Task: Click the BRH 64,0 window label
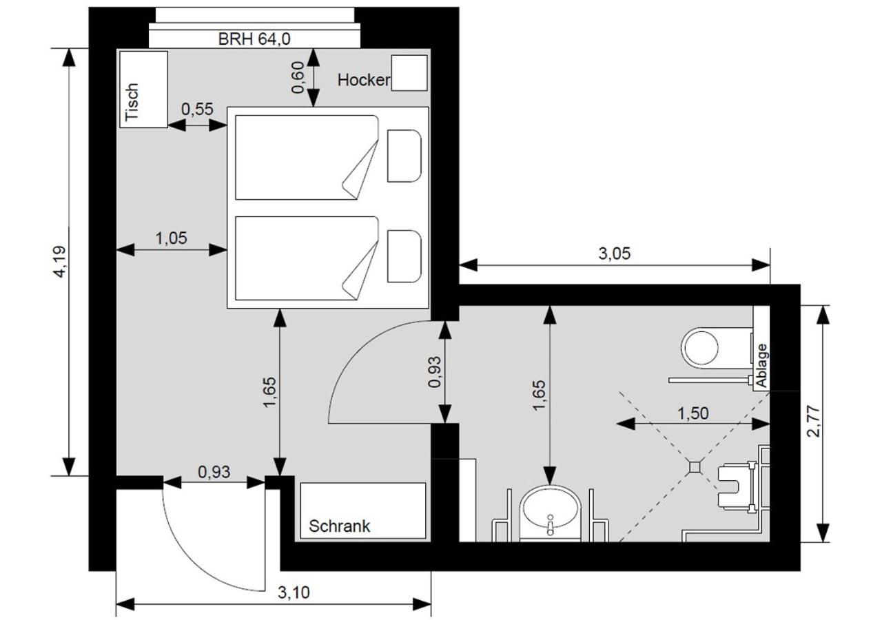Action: tap(254, 39)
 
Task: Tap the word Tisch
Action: tap(132, 103)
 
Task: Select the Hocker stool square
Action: tap(409, 73)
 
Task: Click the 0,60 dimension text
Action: tap(298, 77)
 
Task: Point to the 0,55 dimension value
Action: tap(197, 109)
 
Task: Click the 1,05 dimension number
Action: tap(172, 238)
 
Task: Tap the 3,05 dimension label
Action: tap(614, 254)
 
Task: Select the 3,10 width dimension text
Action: tap(294, 592)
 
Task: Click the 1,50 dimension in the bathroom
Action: tap(693, 413)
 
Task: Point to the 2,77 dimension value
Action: tap(813, 421)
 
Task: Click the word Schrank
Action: tap(340, 526)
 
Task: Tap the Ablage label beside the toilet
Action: tap(762, 366)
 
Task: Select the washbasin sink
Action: tap(551, 514)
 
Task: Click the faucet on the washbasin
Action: tap(551, 524)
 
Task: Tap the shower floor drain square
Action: tap(695, 467)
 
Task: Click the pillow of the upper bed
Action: tap(404, 156)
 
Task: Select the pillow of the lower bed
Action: tap(404, 257)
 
